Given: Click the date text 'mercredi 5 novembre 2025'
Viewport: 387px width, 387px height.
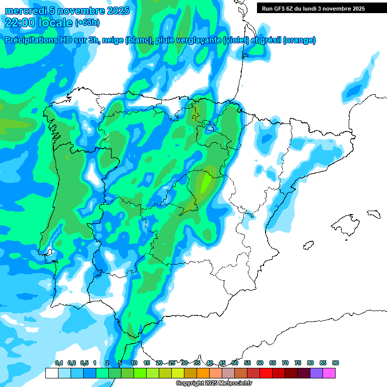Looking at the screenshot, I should point(67,11).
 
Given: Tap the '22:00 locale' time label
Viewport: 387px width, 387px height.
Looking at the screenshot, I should point(39,22).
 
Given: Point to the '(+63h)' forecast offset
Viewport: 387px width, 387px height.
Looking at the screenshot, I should point(87,22).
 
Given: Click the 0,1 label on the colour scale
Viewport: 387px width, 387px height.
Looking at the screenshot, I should point(58,363).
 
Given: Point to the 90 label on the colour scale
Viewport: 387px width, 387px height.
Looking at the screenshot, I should point(336,363).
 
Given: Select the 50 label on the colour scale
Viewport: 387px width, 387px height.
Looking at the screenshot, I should point(235,363).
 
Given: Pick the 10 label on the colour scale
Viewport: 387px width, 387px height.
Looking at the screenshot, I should point(134,363).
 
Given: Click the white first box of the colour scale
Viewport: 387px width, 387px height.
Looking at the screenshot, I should point(51,373).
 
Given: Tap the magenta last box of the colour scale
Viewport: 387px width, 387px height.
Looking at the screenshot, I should point(329,373).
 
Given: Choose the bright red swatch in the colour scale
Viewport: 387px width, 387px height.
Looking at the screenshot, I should point(266,373).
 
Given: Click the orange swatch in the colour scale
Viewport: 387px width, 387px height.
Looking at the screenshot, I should point(203,373).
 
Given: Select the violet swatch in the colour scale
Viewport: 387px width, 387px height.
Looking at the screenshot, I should point(316,373).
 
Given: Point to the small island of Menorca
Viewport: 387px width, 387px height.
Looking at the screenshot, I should point(373,214).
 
